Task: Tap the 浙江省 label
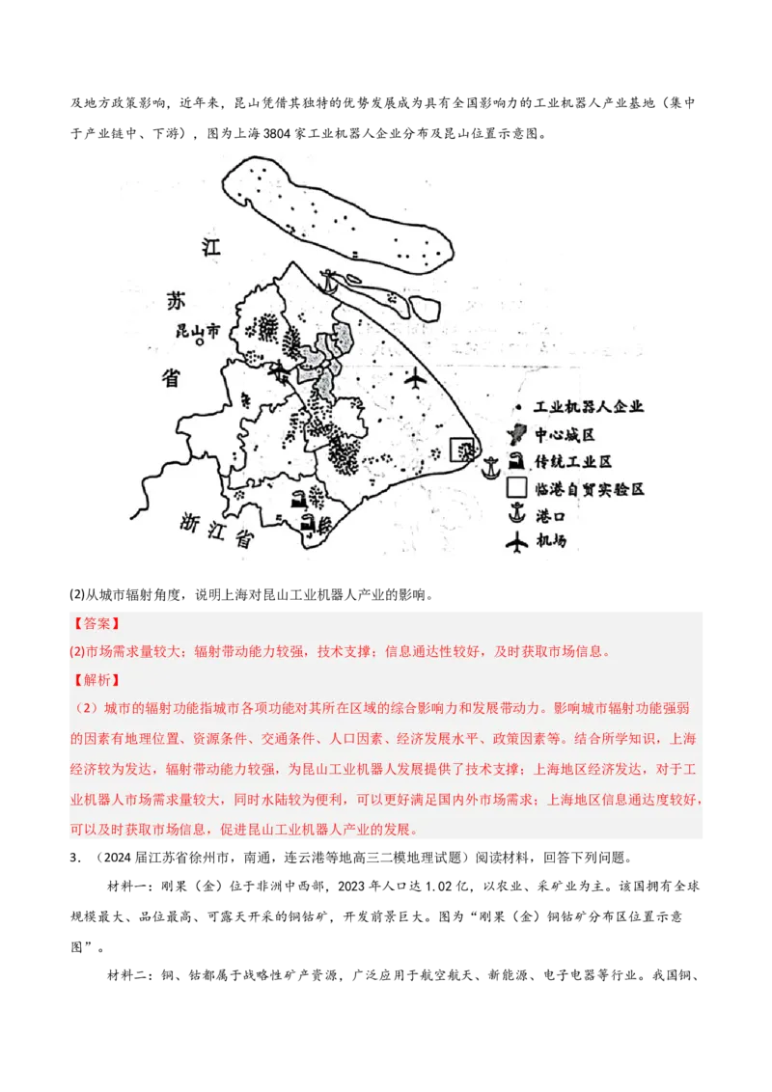(216, 530)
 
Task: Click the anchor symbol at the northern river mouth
(330, 281)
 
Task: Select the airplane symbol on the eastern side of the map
(416, 379)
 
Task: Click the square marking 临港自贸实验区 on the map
(464, 450)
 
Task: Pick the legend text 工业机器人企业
(588, 407)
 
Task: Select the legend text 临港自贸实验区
(589, 489)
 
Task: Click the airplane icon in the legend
(517, 542)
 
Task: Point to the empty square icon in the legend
(517, 487)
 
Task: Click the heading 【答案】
(96, 624)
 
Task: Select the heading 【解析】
(96, 680)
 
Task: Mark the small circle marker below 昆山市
(199, 342)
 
